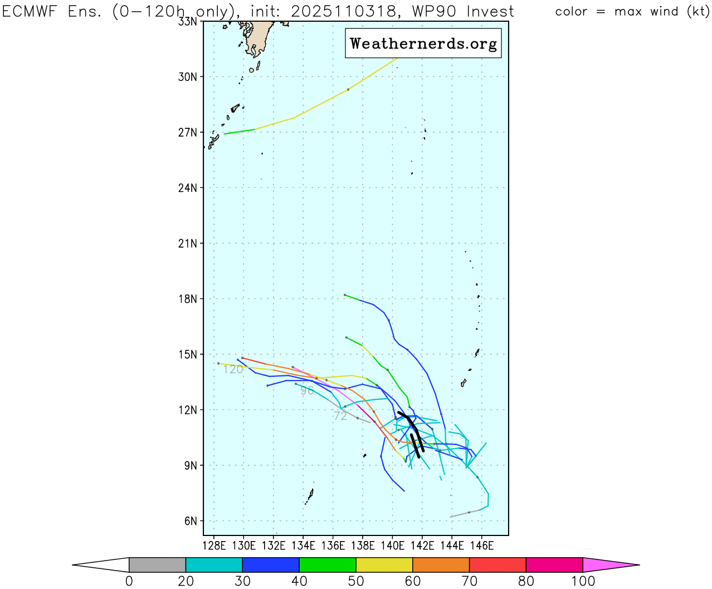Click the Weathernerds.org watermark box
tap(423, 44)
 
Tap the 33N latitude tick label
tap(187, 22)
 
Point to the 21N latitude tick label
tap(187, 244)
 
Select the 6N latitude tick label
tap(191, 522)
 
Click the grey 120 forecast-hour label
tap(233, 370)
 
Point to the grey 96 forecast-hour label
tap(307, 391)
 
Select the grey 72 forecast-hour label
tap(340, 416)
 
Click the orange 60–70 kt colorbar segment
tap(441, 565)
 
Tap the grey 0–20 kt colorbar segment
tap(157, 565)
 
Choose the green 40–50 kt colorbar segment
tap(328, 565)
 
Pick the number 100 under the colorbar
tap(583, 581)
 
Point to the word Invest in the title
tap(490, 12)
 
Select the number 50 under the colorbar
tap(356, 581)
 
